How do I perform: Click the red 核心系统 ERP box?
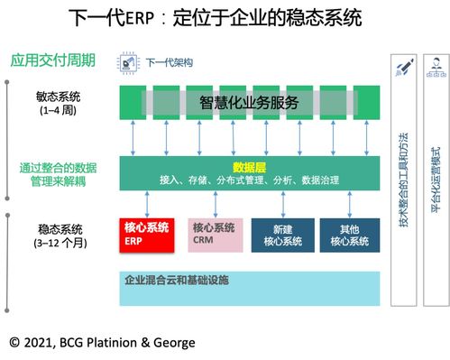pos(148,234)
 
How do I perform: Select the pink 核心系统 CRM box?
pos(216,234)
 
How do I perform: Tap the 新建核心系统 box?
pos(282,234)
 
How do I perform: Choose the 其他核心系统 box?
pos(348,234)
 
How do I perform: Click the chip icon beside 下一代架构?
pos(127,62)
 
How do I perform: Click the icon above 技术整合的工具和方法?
pos(404,68)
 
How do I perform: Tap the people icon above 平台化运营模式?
pos(436,68)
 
